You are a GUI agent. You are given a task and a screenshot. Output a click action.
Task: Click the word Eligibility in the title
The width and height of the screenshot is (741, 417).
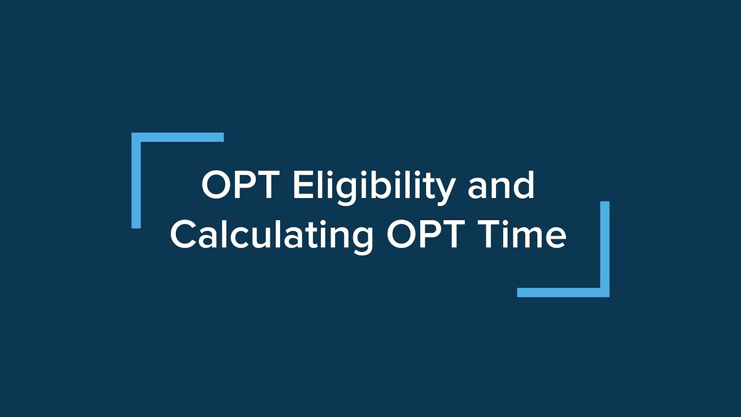(x=373, y=186)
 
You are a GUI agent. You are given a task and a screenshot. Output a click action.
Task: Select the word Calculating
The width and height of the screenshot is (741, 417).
(x=272, y=235)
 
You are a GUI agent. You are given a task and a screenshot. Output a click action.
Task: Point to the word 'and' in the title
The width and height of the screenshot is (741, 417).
(x=501, y=186)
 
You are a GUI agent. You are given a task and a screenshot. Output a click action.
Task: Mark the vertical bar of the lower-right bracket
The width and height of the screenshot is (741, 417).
(x=604, y=246)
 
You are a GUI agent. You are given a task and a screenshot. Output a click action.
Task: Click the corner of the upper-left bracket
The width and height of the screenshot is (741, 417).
(x=136, y=137)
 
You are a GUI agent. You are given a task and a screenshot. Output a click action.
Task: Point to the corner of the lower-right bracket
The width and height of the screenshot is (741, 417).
(x=604, y=292)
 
